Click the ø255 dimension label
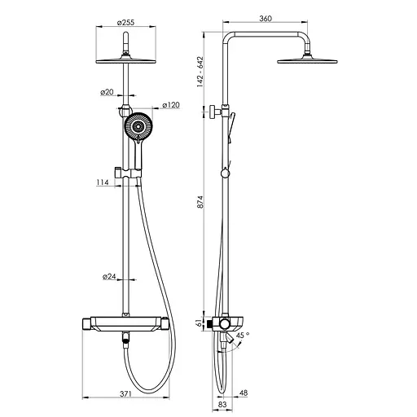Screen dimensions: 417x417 125,22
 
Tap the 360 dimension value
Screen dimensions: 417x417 266,19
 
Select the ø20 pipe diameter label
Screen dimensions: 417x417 107,92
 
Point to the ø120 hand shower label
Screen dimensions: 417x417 171,105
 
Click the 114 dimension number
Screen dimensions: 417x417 103,182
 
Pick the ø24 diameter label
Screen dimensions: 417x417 109,277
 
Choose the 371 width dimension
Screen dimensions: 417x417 125,393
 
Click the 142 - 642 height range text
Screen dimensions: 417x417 200,72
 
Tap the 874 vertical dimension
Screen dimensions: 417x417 200,202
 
